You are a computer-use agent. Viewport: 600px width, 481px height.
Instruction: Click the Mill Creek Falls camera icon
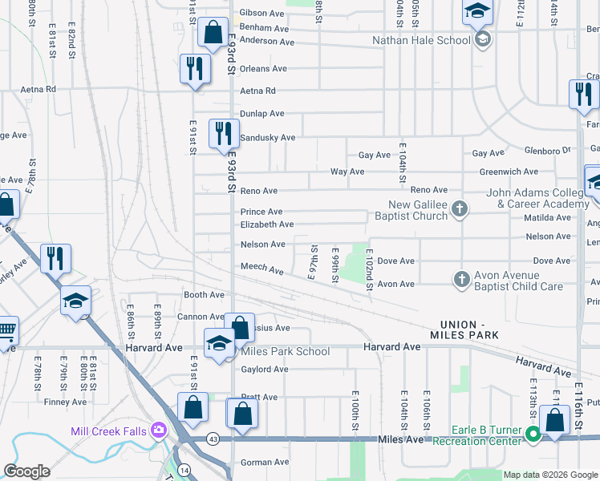[x=158, y=430]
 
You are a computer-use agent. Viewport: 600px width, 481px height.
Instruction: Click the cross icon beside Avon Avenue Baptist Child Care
[x=461, y=278]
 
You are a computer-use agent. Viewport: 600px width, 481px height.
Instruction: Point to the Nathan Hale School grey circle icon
[x=482, y=40]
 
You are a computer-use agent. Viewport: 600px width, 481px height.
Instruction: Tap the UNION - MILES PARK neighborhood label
[x=464, y=329]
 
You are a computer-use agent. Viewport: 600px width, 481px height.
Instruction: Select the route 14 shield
[x=185, y=468]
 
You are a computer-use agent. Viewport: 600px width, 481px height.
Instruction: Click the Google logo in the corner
[x=26, y=471]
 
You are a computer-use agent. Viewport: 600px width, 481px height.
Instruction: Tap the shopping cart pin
[x=5, y=330]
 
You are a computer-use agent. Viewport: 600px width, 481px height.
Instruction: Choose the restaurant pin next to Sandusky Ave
[x=223, y=133]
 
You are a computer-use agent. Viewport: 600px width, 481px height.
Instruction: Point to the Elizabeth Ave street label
[x=267, y=224]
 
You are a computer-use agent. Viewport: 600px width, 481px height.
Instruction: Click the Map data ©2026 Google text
[x=550, y=475]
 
